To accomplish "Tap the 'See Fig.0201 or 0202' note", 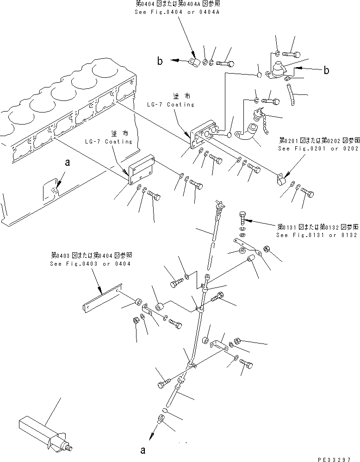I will [318, 149].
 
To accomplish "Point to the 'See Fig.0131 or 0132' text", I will [317, 235].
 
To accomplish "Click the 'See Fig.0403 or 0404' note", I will [90, 263].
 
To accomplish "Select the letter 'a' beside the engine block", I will [68, 162].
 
